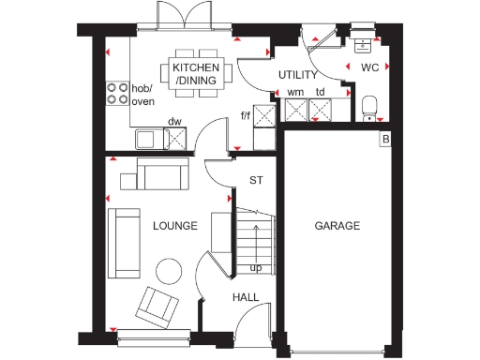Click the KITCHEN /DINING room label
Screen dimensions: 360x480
tap(196, 74)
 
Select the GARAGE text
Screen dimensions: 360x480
tap(337, 226)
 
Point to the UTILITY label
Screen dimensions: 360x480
tap(298, 75)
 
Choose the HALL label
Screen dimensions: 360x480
tap(246, 297)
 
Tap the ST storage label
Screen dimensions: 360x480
tap(255, 180)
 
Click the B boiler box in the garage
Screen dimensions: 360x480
tap(384, 140)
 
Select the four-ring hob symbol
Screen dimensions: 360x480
tap(118, 92)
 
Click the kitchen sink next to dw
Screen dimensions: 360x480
tap(148, 140)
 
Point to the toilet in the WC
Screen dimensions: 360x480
tap(369, 105)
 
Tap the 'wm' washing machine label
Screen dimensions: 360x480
tap(295, 92)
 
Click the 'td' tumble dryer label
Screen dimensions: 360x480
tap(321, 92)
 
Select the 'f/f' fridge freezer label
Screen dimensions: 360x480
tap(246, 115)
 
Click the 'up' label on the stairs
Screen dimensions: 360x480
tap(255, 268)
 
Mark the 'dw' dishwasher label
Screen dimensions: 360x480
tap(173, 121)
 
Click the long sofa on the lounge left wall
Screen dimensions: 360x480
tap(123, 244)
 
